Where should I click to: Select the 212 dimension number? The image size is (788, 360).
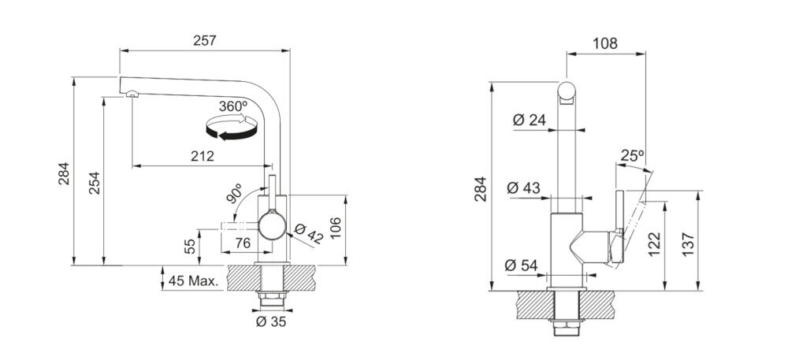click(x=203, y=157)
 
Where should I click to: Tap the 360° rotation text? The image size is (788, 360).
click(x=233, y=106)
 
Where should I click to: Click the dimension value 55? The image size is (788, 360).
click(x=190, y=247)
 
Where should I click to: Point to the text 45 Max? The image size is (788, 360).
click(x=191, y=281)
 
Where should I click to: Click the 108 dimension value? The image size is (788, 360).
click(x=604, y=43)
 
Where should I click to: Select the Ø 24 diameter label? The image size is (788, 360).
click(x=529, y=121)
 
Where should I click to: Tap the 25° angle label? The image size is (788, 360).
click(x=632, y=156)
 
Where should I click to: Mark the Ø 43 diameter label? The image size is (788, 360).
click(x=524, y=188)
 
